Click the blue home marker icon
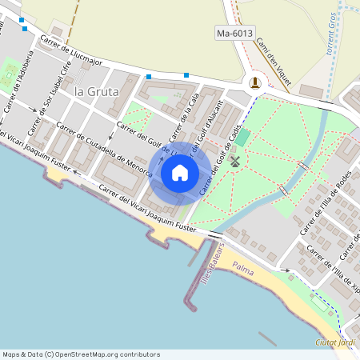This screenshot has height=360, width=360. tap(180, 172)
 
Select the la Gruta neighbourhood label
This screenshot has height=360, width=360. tap(96, 91)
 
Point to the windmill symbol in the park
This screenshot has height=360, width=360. tap(235, 161)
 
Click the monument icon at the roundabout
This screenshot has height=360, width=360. tap(255, 82)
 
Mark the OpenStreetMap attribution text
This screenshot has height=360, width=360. tap(80, 354)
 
